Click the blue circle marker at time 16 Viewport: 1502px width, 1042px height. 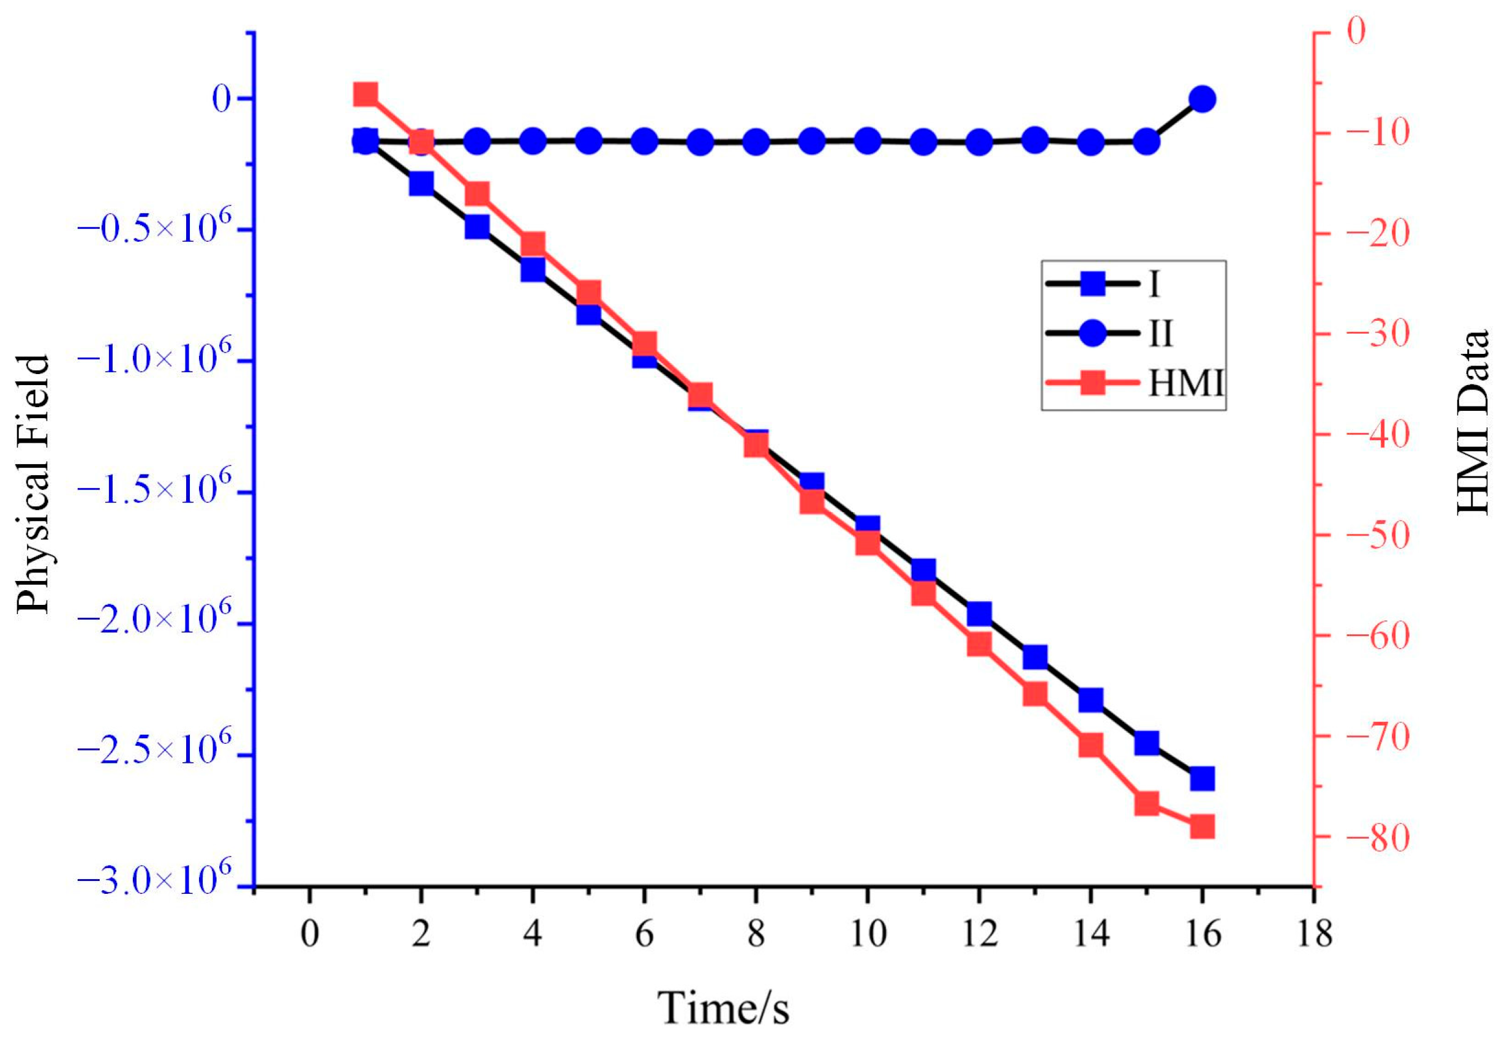(1202, 99)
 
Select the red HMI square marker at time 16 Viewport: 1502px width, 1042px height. (1202, 827)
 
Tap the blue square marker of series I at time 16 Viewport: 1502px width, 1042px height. (1202, 779)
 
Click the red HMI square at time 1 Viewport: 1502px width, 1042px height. (366, 95)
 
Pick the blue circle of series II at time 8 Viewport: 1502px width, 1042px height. (756, 141)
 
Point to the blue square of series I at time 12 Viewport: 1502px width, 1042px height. (979, 614)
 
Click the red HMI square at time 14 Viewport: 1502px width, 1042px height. (1091, 745)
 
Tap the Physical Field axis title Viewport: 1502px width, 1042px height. (32, 484)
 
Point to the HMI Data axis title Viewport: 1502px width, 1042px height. (1473, 423)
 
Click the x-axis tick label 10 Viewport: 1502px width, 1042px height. (867, 934)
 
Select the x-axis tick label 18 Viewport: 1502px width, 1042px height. (1313, 934)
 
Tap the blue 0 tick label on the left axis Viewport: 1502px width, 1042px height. (222, 100)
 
